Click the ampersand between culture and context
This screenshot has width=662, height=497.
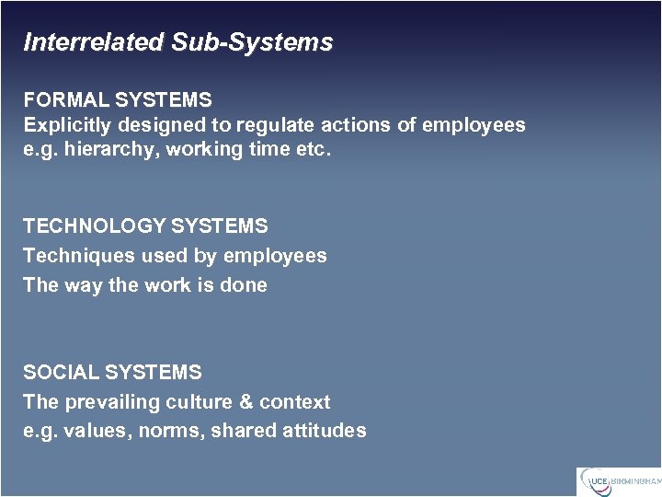[244, 402]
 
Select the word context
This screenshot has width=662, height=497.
[294, 402]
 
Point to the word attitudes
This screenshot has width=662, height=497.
[325, 431]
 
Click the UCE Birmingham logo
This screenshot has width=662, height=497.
[618, 481]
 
